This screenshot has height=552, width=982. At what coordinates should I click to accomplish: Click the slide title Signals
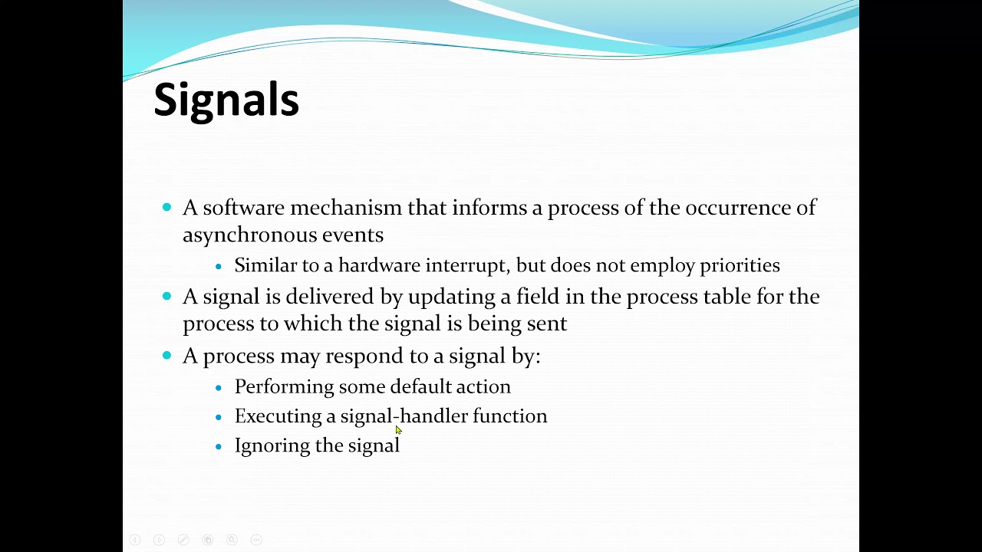click(226, 100)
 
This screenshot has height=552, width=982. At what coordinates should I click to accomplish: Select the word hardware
click(379, 265)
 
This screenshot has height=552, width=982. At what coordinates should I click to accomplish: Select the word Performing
click(284, 387)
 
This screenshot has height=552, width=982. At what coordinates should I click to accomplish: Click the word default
click(420, 386)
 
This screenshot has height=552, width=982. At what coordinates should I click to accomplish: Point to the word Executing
click(278, 416)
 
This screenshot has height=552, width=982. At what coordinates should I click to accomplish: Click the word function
click(509, 416)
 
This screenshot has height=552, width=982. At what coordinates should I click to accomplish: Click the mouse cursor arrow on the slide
click(398, 430)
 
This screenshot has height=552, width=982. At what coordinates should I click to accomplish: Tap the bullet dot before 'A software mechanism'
click(167, 207)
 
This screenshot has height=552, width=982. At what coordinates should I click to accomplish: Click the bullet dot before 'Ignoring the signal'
click(219, 446)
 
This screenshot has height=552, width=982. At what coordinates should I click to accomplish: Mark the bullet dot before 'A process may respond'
click(167, 355)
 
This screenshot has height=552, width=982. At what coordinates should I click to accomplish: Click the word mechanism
click(346, 208)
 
